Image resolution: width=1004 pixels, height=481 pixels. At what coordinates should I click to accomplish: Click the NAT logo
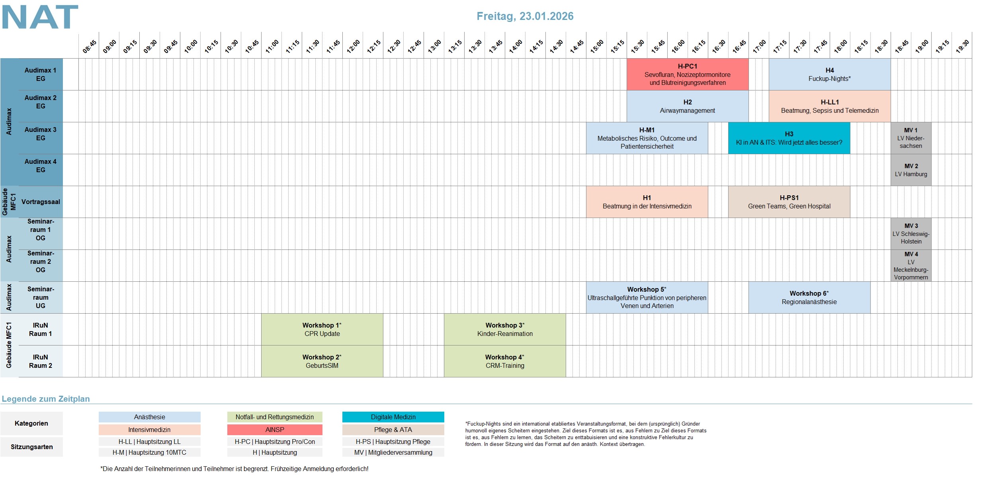coord(40,17)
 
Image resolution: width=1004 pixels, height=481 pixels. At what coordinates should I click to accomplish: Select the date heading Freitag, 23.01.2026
coord(525,16)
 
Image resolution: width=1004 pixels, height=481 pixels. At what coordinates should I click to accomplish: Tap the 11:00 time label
coord(272,46)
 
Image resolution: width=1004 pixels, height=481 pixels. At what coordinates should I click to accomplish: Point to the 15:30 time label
coord(638,46)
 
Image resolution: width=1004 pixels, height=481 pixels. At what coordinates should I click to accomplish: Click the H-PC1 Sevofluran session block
coord(687,75)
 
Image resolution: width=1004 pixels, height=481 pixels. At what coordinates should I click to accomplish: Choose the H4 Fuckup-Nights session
coord(829,75)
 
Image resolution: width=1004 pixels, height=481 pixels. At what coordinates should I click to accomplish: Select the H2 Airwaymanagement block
coord(687,106)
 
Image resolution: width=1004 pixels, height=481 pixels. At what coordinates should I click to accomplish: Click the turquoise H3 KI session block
coord(789,138)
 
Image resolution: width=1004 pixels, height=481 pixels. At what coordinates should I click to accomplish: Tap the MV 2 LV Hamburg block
coord(911,170)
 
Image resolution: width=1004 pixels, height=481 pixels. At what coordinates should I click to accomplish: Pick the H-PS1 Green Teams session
coord(789,202)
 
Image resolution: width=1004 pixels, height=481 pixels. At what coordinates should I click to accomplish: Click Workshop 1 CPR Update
coord(322,330)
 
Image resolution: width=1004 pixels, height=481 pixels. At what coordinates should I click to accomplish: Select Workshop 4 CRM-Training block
coord(504,361)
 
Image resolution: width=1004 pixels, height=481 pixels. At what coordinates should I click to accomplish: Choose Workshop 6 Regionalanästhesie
coord(809,298)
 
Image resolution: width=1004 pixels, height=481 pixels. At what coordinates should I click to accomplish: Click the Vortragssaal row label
coord(41,202)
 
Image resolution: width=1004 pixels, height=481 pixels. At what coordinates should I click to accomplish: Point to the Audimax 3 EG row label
coord(41,134)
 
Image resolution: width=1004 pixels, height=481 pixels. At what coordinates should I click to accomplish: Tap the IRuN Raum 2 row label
coord(41,361)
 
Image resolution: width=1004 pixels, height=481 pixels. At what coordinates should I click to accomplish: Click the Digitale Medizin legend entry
coord(393,417)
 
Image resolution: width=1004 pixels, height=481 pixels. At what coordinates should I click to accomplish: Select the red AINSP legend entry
coord(275,430)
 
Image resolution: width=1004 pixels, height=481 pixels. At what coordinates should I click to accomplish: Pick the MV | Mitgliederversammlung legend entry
coord(393,452)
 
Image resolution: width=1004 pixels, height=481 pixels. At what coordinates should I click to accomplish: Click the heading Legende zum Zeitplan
coord(46,399)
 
